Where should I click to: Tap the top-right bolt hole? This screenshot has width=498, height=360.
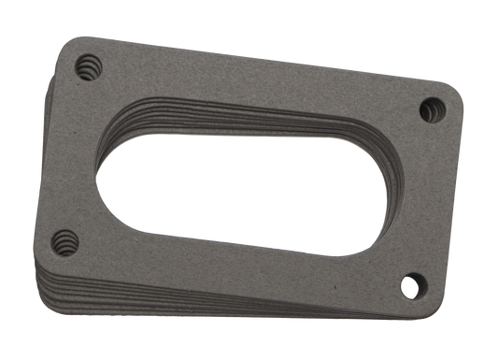click(431, 108)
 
